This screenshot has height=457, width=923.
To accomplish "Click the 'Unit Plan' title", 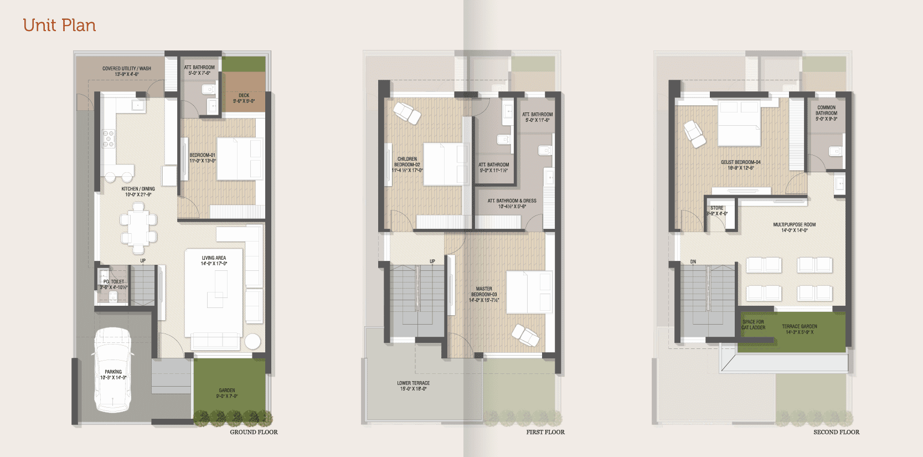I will coord(59,25).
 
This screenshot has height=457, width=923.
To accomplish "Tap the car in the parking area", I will coord(113,369).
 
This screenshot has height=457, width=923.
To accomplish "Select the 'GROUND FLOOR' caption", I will coord(254,432).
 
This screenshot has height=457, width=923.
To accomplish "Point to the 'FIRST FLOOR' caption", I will coord(545,432).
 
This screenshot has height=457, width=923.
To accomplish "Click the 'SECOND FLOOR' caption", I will coord(836,432).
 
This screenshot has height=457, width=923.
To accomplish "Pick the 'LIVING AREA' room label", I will coord(214,260).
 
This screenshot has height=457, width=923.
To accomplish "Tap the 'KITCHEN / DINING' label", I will coord(138,192).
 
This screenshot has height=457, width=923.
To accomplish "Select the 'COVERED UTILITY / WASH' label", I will coord(127,71).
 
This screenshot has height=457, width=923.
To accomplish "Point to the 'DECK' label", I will coord(244,98).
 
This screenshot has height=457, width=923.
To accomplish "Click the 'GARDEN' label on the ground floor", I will coord(227,393).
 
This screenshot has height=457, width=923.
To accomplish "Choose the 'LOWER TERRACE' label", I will coord(413,386).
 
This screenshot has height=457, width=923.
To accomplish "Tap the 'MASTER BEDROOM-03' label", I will coord(484,294).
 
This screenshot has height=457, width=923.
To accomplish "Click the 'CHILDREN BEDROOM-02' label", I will coord(407,165).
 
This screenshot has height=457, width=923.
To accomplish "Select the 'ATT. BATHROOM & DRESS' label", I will coord(512,203).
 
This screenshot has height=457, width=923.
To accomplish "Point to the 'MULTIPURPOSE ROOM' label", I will coord(794,227).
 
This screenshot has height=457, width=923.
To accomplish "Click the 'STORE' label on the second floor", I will coord(716,210).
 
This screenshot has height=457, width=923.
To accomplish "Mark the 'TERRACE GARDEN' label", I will coord(800,329).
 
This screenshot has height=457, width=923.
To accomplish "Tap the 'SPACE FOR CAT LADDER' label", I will coord(753,325).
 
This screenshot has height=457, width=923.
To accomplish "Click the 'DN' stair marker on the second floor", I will coord(693,261).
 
